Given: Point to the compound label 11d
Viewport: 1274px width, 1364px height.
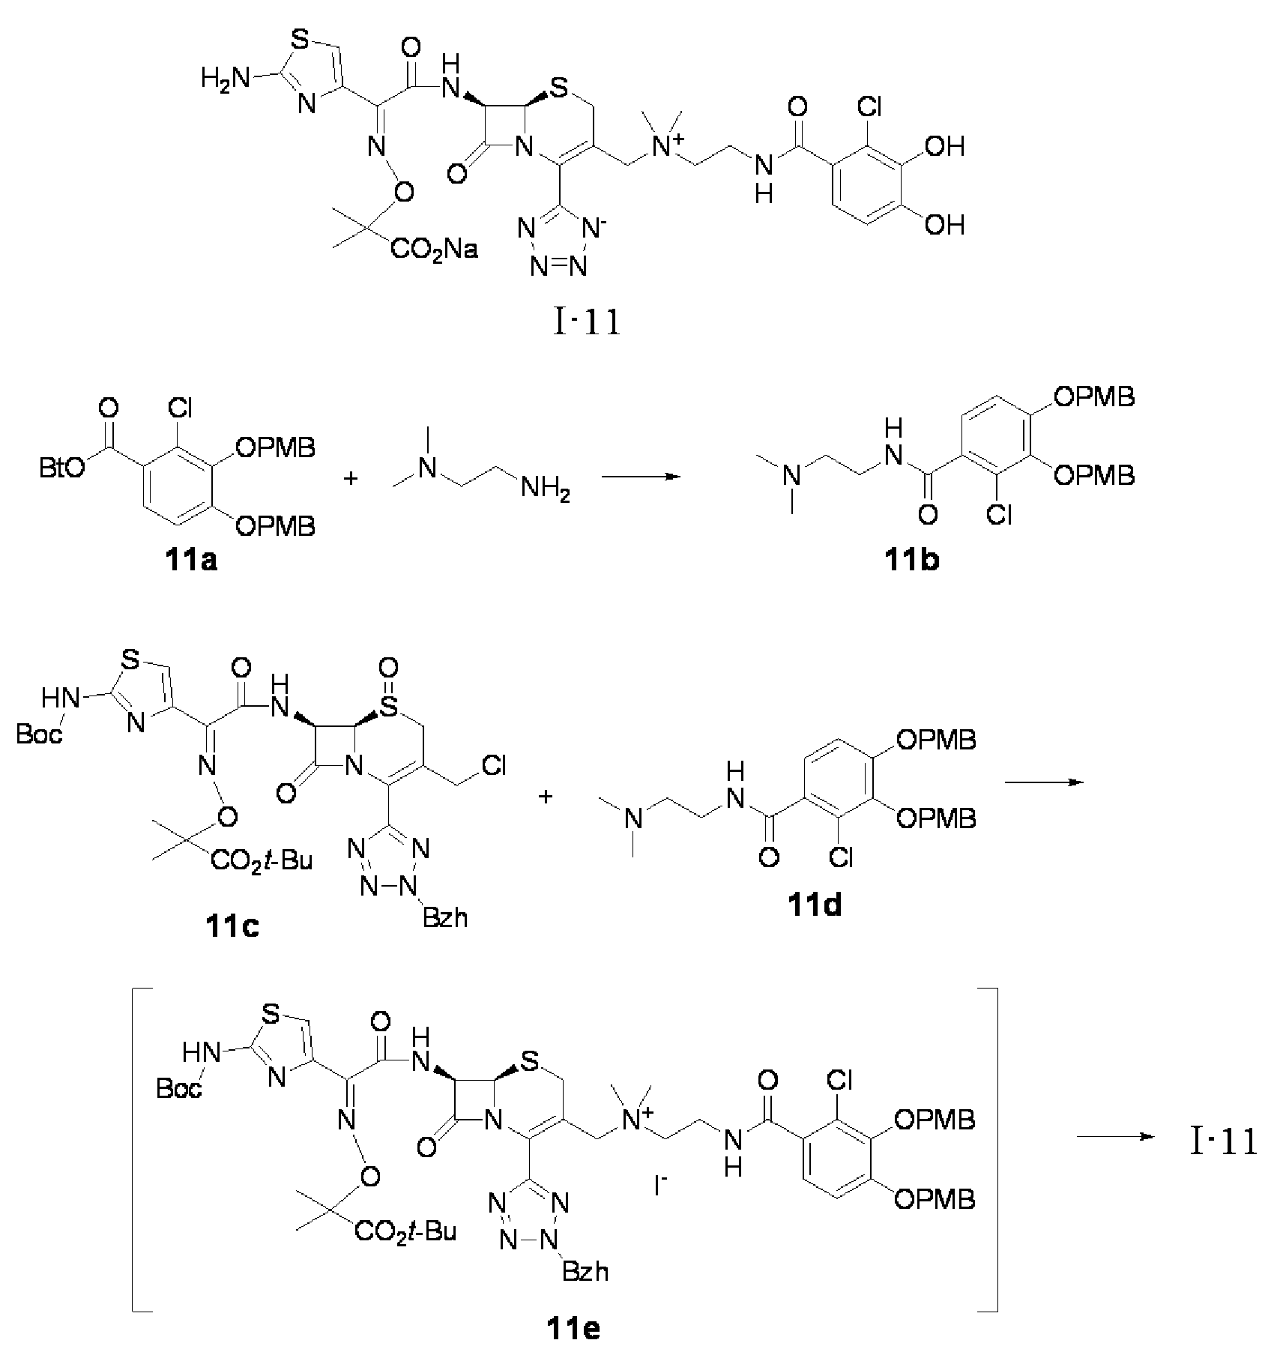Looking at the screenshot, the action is (814, 906).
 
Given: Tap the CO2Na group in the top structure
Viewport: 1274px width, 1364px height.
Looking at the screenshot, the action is (434, 248).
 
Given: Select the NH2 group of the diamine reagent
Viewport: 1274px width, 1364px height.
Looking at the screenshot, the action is (546, 492).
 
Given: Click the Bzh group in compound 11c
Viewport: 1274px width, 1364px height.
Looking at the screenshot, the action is (445, 917).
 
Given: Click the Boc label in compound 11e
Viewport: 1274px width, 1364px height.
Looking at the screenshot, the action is (179, 1087).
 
